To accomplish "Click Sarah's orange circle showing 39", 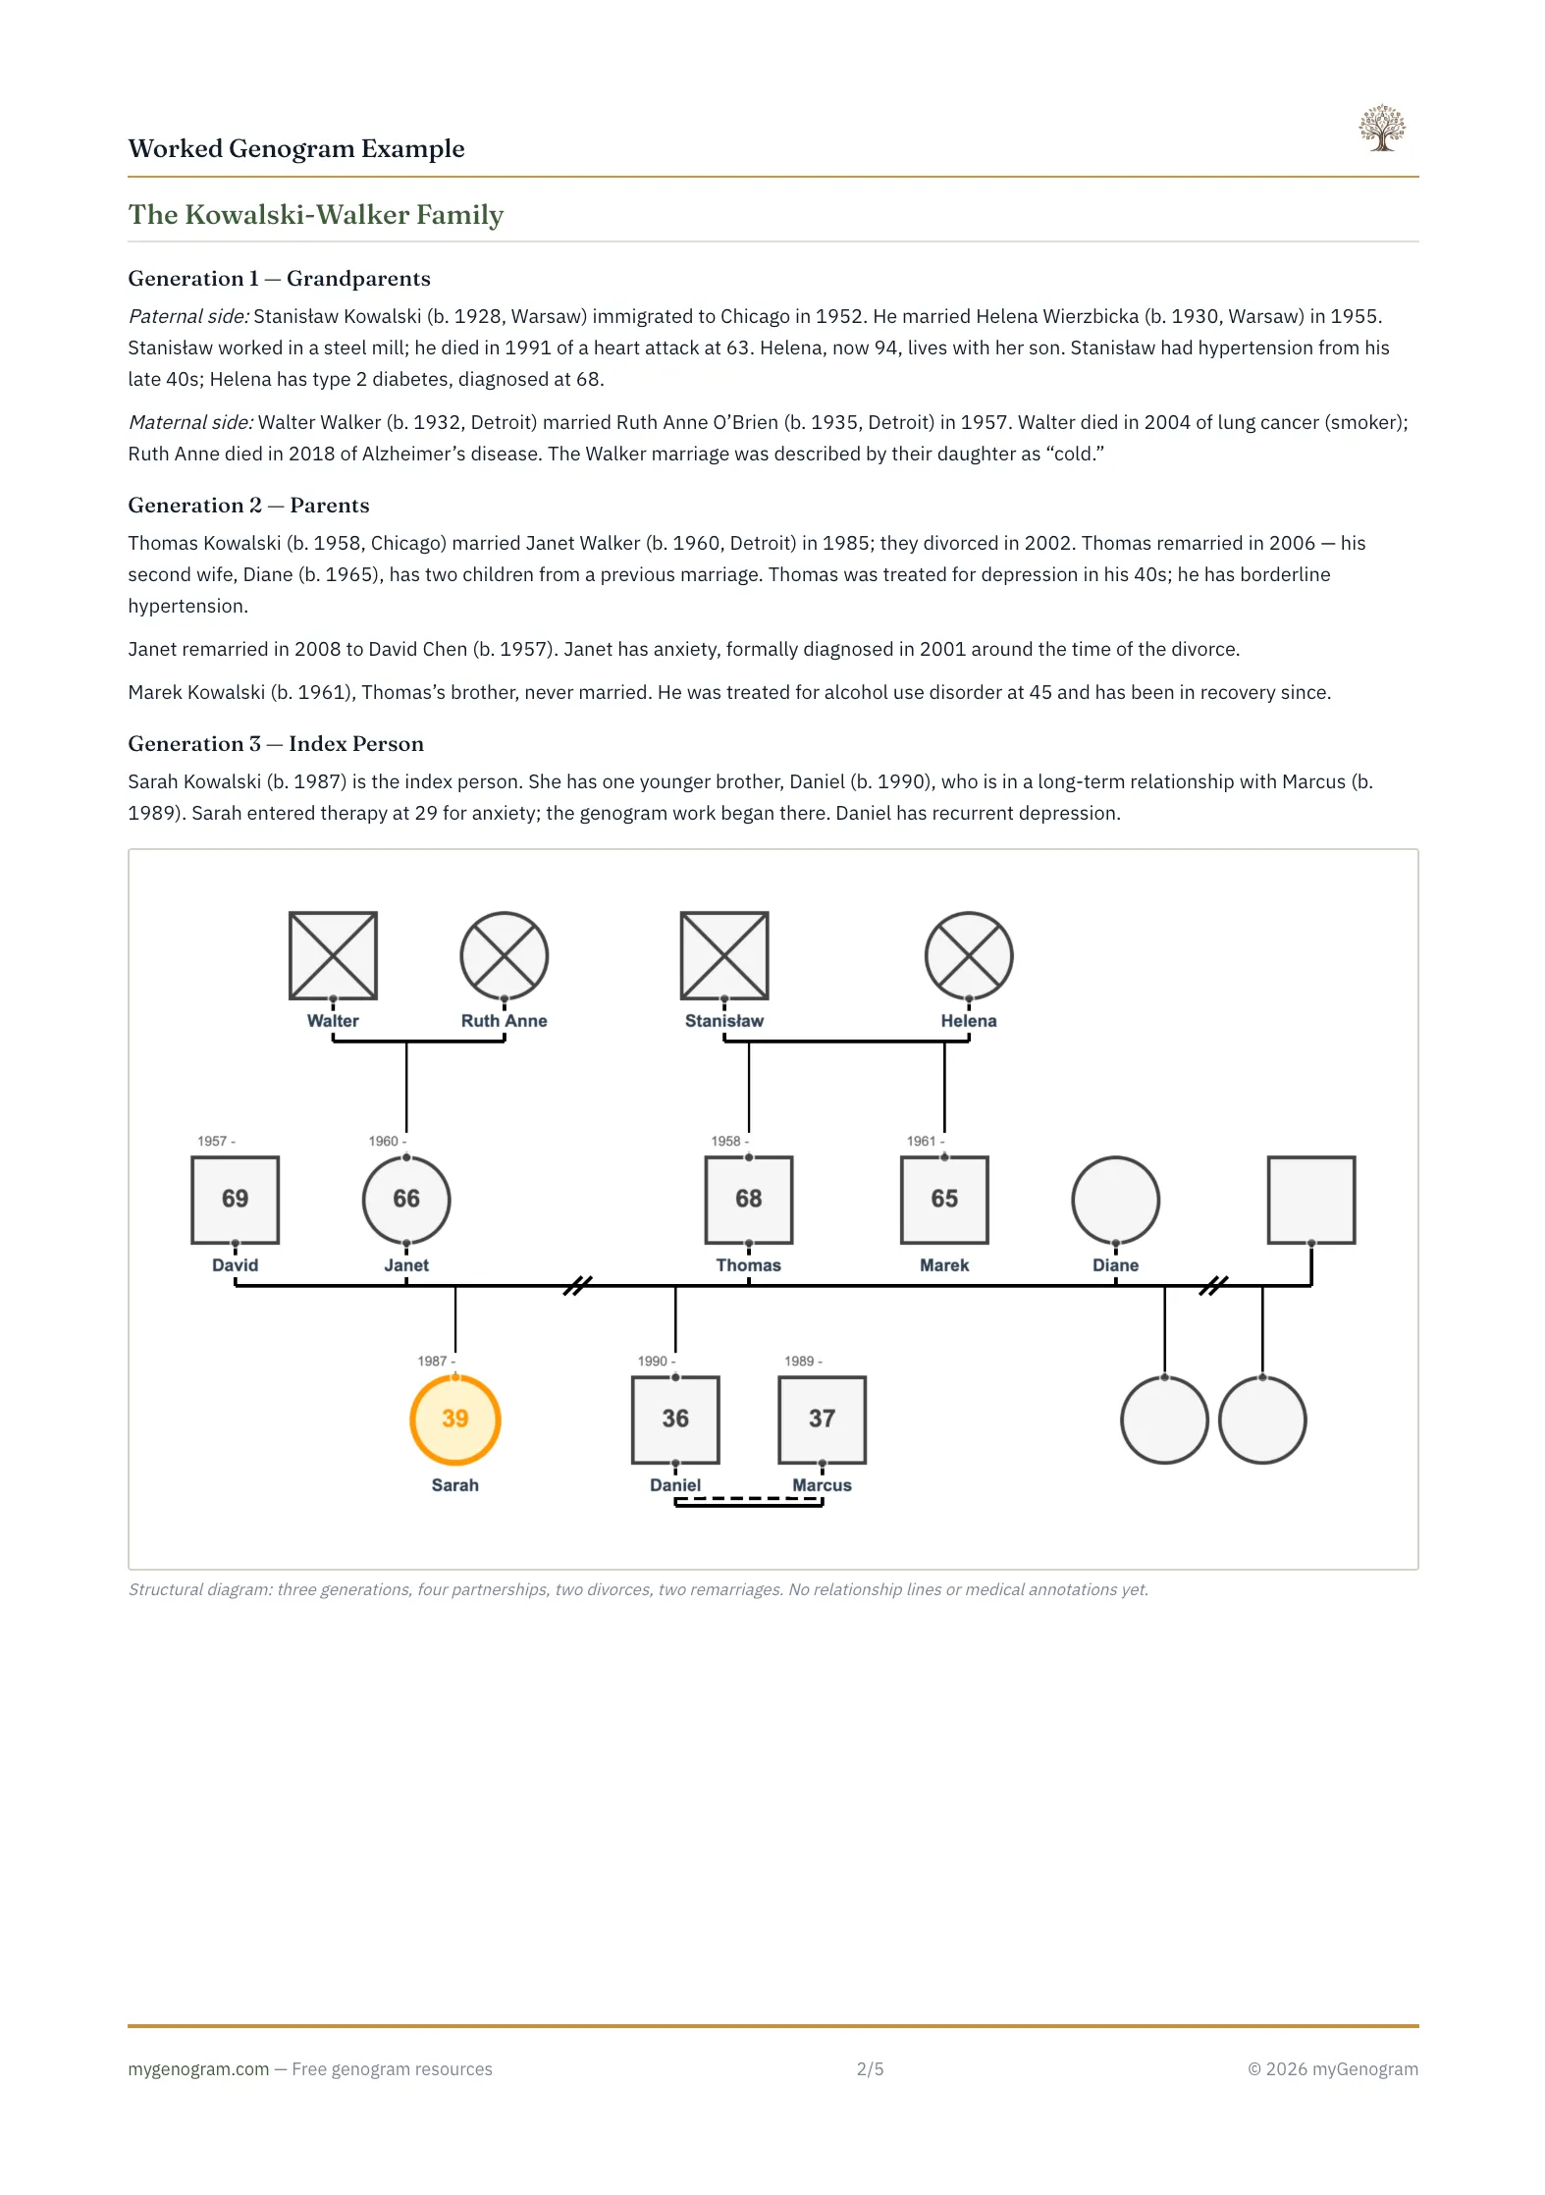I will [454, 1419].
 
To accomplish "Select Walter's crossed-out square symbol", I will [333, 954].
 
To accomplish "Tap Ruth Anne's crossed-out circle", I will [504, 954].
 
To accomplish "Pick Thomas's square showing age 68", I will [748, 1199].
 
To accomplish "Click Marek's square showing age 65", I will [943, 1199].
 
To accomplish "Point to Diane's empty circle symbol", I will [1115, 1199].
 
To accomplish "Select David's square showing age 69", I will [235, 1199].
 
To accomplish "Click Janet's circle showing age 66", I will [405, 1199].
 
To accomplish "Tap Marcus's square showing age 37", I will [822, 1419].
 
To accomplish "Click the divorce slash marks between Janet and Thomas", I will [577, 1285].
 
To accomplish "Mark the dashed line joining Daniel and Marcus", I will [748, 1499].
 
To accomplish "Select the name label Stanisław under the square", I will [723, 1021].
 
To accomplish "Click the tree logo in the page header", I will [1381, 128].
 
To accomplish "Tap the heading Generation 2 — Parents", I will [248, 505].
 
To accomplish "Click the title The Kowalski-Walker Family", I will [315, 214].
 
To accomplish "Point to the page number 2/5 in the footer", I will [870, 2068].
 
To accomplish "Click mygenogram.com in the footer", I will [198, 2068].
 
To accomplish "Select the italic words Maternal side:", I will [190, 422].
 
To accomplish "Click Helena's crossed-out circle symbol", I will [968, 954].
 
